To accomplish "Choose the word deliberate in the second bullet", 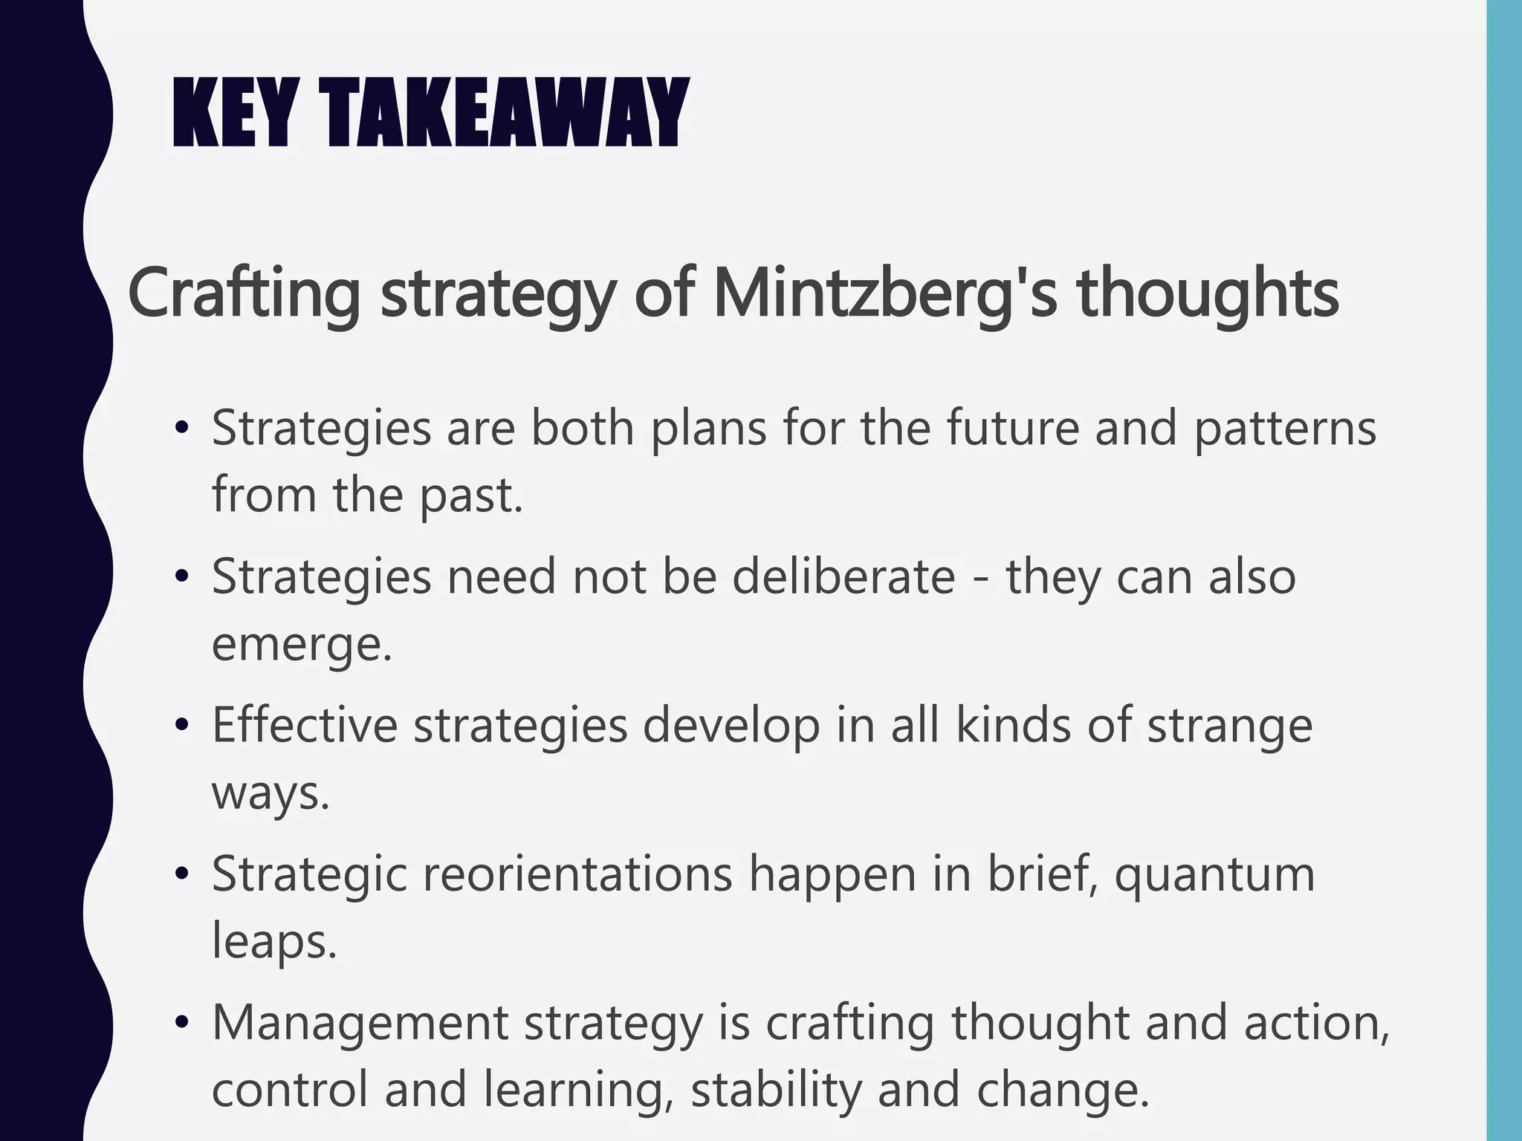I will pos(843,577).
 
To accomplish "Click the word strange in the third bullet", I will pos(1229,726).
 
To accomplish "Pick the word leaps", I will pos(273,942).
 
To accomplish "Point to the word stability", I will pos(776,1090).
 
